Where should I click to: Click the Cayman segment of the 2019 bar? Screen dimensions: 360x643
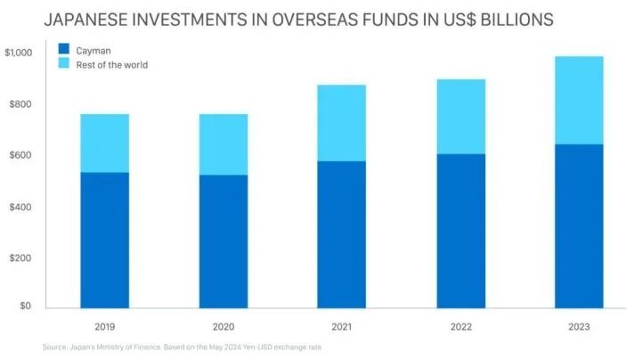105,240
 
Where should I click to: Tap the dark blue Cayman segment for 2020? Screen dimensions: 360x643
224,241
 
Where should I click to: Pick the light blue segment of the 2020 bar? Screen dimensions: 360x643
224,144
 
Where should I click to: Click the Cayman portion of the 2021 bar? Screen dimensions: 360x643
342,234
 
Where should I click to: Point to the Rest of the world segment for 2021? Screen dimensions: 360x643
342,123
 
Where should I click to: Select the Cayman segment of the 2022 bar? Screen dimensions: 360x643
460,231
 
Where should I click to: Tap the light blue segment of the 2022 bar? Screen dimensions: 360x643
460,117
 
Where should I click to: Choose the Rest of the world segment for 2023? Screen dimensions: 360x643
579,100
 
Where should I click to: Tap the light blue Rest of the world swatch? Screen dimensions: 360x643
63,64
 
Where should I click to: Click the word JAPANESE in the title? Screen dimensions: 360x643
88,19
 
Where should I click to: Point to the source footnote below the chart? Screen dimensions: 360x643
182,348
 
